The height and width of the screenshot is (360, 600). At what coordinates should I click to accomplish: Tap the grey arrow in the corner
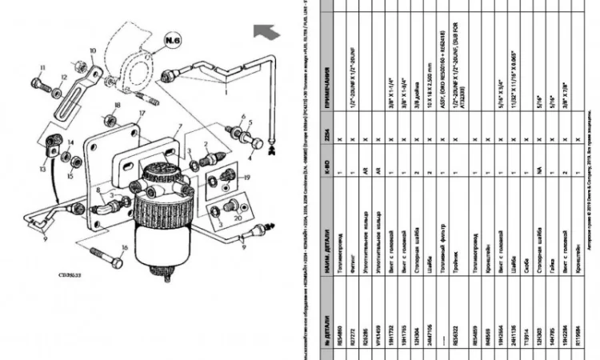point(265,31)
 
